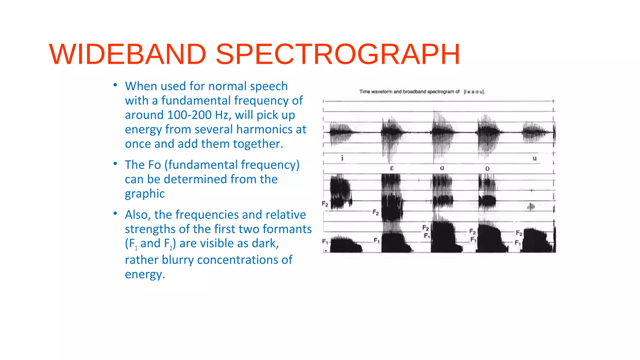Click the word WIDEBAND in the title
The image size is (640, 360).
click(127, 54)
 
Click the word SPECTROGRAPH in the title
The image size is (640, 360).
click(338, 54)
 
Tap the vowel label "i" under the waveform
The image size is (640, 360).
click(342, 158)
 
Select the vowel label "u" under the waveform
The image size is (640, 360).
click(535, 158)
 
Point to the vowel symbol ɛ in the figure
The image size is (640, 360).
click(392, 168)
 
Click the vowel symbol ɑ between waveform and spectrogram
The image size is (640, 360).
click(442, 168)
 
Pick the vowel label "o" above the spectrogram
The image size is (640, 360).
click(487, 169)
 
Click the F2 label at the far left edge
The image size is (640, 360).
click(325, 204)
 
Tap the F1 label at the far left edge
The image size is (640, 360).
click(325, 242)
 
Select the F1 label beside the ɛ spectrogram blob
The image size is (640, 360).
click(377, 241)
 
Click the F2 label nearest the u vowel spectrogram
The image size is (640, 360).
click(519, 233)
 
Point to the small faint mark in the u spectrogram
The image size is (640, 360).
click(531, 207)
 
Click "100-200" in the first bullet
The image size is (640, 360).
click(189, 115)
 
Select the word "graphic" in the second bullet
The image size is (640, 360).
click(145, 194)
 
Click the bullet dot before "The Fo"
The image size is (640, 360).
click(115, 163)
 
